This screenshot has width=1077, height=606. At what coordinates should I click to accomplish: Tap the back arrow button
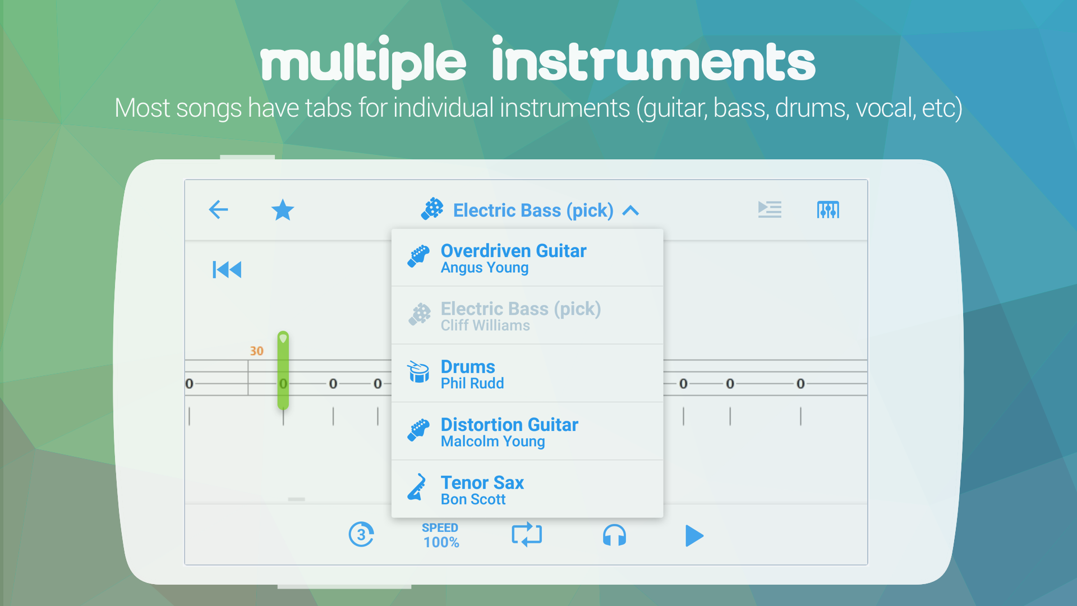coord(218,210)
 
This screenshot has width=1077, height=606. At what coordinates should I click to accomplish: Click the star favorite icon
coord(283,210)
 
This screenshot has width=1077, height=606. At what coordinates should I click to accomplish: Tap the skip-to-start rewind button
coord(227,269)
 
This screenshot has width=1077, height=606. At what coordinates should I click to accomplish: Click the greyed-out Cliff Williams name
coord(485,325)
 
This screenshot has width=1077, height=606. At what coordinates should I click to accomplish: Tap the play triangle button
coord(694,535)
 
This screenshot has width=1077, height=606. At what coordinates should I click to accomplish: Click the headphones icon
coord(614,535)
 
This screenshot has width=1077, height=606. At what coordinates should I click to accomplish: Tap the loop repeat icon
coord(527,535)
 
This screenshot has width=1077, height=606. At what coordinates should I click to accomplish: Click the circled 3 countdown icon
coord(361,535)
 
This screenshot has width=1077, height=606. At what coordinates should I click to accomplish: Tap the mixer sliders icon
coord(828,210)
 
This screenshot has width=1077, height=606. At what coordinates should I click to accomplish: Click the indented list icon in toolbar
coord(770,209)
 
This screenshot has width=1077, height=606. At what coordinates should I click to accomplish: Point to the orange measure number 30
coord(256,351)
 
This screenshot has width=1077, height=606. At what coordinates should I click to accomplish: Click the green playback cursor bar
coord(283,370)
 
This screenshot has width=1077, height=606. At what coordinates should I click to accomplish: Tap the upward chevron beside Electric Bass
coord(631,210)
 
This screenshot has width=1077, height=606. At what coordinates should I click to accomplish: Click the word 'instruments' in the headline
coord(653,62)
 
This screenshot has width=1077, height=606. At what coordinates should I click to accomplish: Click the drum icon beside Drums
coord(418,371)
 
